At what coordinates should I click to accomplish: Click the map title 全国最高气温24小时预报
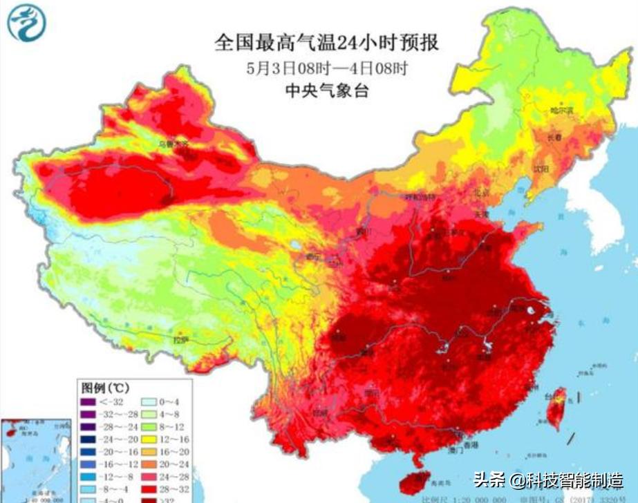click(x=326, y=43)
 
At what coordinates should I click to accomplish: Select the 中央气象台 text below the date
click(x=326, y=91)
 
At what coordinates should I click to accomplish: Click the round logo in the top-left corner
click(x=26, y=23)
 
